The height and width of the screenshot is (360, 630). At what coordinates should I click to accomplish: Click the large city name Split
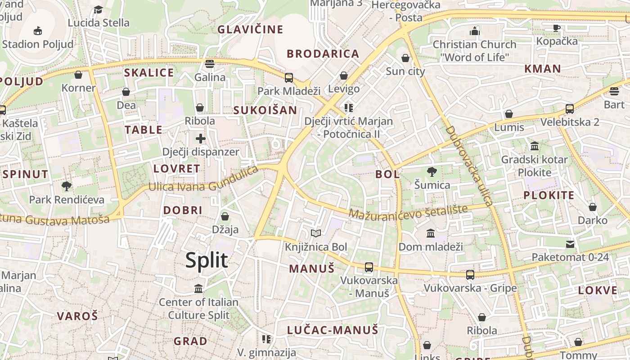point(207,261)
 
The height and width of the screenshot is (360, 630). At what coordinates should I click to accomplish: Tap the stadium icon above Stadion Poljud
point(38,31)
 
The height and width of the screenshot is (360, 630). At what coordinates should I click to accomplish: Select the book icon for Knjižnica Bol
point(316,233)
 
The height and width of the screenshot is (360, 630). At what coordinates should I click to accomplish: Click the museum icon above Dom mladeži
point(431,233)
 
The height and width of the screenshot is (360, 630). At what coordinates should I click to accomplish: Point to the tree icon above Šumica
point(432,171)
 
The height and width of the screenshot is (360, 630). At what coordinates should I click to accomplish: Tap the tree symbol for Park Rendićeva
point(67,186)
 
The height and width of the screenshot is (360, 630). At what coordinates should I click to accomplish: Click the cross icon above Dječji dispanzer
point(201,139)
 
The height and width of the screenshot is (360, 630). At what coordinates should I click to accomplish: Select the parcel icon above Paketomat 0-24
point(570,244)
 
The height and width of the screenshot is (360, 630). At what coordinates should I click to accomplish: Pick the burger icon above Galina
point(210,64)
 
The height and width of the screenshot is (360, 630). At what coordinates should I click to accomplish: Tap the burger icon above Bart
point(614,91)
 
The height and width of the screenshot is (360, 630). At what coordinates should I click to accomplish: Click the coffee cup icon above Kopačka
point(557,28)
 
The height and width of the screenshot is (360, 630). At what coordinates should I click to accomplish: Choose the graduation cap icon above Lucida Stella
point(98,9)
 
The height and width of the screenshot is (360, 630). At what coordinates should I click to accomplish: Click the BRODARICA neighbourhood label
point(323,54)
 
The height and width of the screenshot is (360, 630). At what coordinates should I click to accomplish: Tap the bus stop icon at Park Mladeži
point(289,77)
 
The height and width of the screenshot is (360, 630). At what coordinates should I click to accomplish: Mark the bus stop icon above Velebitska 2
point(570,108)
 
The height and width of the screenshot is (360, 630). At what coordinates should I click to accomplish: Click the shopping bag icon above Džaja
point(225,216)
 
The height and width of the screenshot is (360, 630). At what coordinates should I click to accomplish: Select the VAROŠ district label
point(77,316)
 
